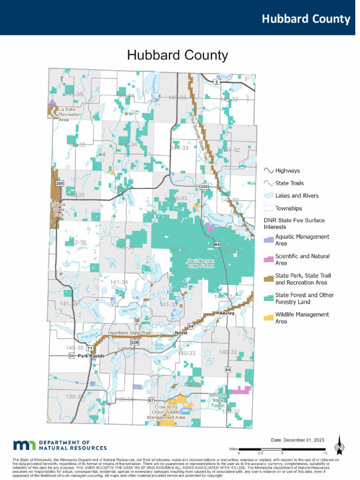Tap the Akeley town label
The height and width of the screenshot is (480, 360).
[x=227, y=313]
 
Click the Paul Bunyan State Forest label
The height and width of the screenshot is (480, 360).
[x=201, y=263]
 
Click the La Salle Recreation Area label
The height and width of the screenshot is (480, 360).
[x=69, y=114]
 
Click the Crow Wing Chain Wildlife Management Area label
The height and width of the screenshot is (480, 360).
[x=166, y=412]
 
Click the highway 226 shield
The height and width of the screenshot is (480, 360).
[x=135, y=343]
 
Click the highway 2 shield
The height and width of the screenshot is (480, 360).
[x=216, y=82]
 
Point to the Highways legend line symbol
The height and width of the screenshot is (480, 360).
[x=269, y=171]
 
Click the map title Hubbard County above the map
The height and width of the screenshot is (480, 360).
[x=178, y=55]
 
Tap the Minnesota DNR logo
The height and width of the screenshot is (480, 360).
[x=60, y=445]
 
